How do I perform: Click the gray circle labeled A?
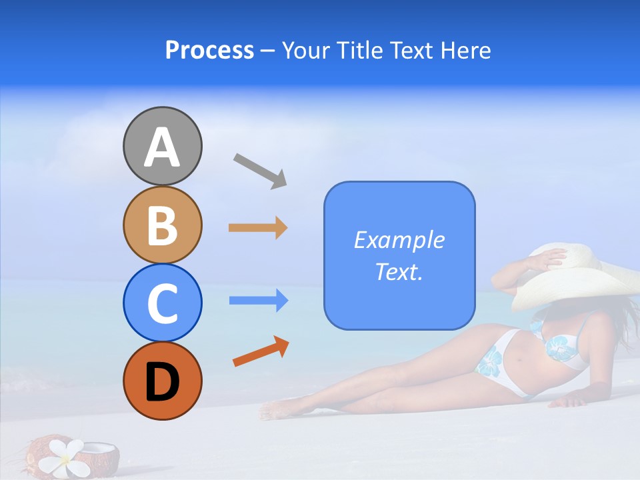pos(162,146)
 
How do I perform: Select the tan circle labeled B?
pos(162,225)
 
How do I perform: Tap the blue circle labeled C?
pos(162,303)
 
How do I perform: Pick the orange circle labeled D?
pos(162,381)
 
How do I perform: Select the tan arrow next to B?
pos(257,228)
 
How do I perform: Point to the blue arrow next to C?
pos(258,301)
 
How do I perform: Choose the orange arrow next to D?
pos(261,352)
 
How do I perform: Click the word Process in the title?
pos(209,51)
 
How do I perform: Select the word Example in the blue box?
pos(399,240)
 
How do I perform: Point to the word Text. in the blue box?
pos(399,271)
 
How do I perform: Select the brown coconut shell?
pos(100,457)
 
